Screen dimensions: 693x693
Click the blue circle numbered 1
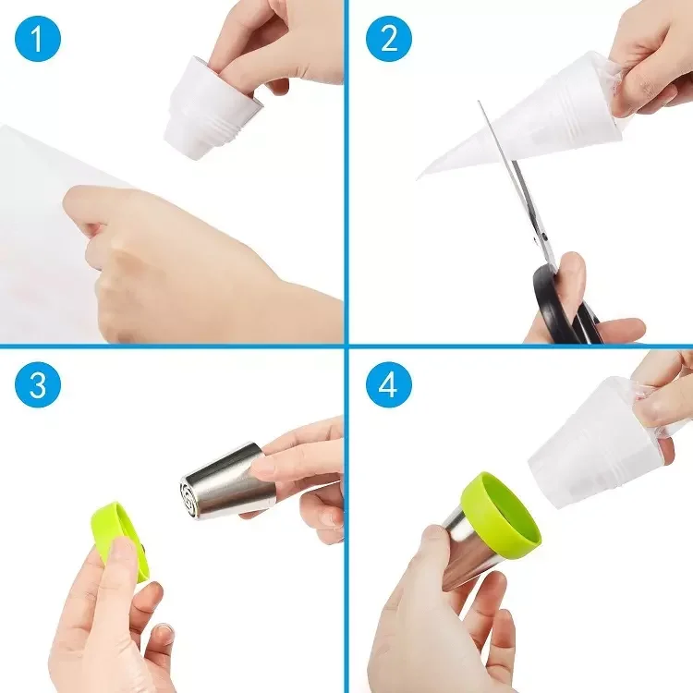[x=38, y=38]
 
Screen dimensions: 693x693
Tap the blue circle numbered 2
[x=388, y=38]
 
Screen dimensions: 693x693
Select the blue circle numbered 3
[x=38, y=383]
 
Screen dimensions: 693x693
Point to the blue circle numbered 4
[x=388, y=383]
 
